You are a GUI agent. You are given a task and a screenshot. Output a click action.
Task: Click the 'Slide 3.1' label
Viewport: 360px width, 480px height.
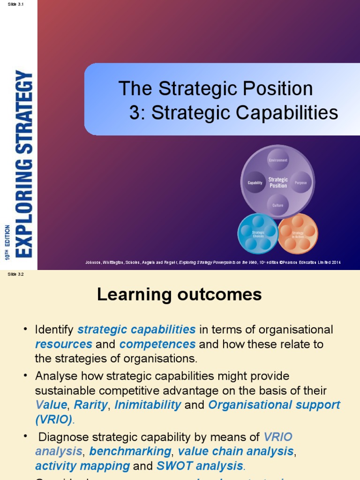click(15, 4)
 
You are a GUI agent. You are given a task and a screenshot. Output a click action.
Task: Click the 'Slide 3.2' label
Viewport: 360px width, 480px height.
click(15, 275)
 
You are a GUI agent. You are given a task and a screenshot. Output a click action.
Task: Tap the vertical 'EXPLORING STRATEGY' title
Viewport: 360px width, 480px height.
click(24, 163)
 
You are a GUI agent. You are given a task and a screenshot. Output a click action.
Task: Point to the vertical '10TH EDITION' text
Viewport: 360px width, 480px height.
click(7, 242)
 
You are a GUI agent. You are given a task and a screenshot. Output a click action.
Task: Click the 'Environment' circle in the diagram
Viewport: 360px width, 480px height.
click(278, 160)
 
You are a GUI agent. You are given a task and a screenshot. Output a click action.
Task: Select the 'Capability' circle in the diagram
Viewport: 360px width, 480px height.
click(255, 183)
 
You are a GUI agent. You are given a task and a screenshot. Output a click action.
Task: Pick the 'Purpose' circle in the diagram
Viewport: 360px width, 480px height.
click(300, 183)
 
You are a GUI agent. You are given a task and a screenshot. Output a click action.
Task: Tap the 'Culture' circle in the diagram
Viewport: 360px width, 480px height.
click(278, 205)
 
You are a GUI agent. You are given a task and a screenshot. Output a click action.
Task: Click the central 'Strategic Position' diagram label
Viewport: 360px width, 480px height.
click(278, 182)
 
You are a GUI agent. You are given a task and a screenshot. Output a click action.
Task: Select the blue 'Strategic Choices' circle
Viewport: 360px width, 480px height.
click(258, 233)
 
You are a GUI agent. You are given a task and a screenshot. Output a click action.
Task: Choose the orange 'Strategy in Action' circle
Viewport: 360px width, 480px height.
click(298, 233)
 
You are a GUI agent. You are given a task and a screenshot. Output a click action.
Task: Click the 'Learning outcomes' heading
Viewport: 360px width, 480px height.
click(179, 294)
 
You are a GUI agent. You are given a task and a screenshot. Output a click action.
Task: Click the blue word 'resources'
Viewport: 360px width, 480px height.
click(64, 344)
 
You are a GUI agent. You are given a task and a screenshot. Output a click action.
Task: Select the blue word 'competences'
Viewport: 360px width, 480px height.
click(157, 344)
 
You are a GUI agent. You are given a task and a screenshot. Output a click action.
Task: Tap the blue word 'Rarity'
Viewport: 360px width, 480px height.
click(90, 405)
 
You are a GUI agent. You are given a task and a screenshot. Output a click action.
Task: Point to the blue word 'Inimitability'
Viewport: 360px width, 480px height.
click(148, 405)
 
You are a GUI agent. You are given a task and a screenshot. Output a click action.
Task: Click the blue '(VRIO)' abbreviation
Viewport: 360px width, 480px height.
click(54, 419)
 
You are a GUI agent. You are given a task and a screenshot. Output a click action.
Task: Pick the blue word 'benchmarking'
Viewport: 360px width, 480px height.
click(130, 451)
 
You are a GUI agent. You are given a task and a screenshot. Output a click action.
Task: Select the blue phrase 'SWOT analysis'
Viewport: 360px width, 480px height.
click(200, 466)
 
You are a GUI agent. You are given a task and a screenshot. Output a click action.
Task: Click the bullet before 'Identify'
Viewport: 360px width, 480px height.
click(26, 330)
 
